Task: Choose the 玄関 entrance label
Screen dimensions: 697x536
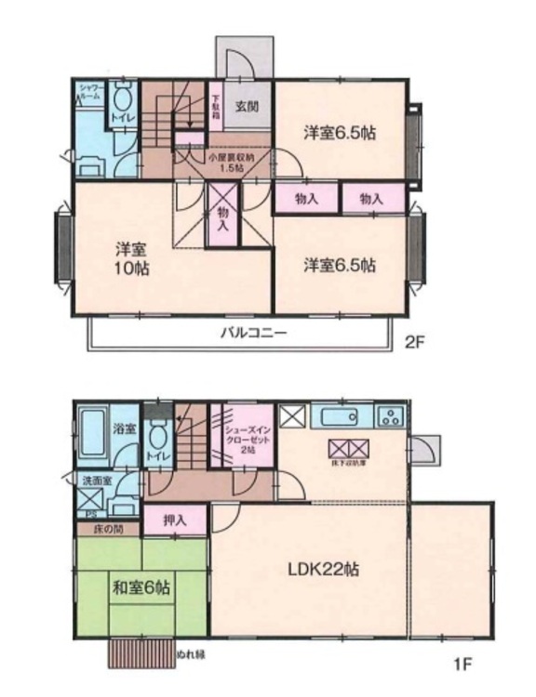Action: point(245,105)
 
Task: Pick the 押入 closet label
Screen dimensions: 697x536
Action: point(174,520)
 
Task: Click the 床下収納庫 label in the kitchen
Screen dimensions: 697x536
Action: point(346,461)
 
